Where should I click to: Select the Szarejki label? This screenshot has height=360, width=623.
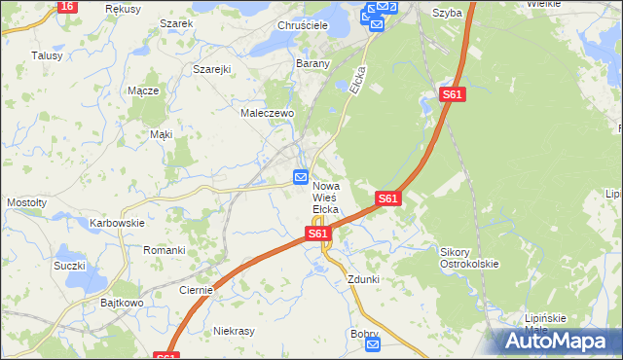tap(211, 70)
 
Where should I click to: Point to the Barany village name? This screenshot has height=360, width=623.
tap(313, 63)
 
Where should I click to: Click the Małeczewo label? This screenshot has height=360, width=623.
tap(268, 113)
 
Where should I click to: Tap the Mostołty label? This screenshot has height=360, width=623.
tap(27, 202)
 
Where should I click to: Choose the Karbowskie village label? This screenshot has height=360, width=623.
tap(117, 223)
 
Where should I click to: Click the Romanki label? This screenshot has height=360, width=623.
tap(165, 250)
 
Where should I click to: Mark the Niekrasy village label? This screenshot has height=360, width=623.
tap(234, 331)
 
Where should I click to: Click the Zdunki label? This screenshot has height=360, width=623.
tap(363, 279)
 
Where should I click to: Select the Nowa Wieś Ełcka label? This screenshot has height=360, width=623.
tap(325, 198)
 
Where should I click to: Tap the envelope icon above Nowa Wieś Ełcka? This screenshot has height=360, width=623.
tap(302, 178)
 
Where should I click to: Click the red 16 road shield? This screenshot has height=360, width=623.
tap(66, 6)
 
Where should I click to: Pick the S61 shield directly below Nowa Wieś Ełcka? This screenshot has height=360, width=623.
tap(317, 234)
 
